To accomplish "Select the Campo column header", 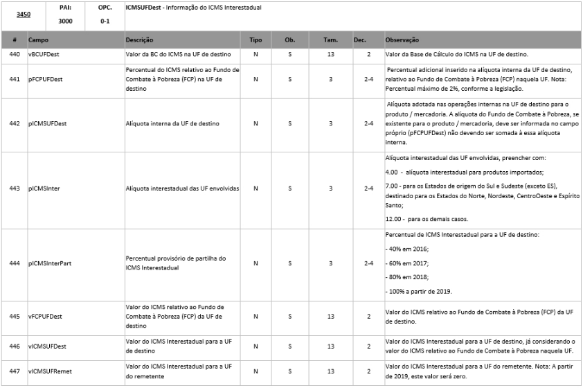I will coord(38,41).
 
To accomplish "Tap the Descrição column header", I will coord(139,41).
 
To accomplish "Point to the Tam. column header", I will coord(330,41).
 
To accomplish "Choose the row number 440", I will coord(15,54).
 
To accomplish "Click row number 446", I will coord(15,345).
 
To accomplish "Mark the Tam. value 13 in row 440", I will coord(330,54).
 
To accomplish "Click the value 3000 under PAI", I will coord(65,21).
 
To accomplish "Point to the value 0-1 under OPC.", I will coord(105,21).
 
